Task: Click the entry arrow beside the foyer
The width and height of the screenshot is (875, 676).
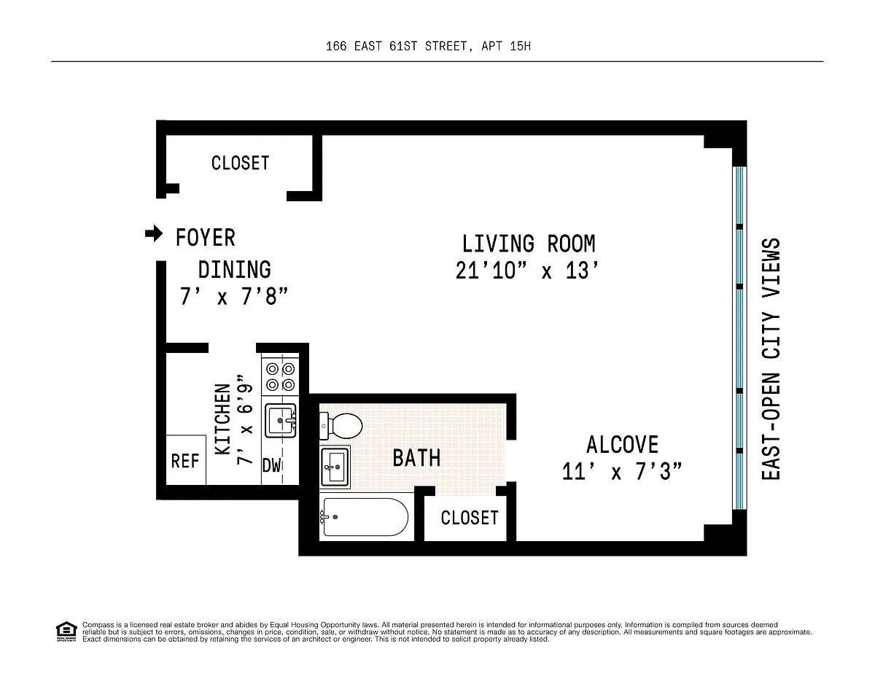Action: click(154, 233)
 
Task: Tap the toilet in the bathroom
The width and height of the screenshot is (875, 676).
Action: click(341, 426)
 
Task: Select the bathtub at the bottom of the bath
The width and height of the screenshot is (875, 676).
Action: click(365, 517)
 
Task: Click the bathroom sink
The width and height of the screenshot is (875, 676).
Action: click(335, 467)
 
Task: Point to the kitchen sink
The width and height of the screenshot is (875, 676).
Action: click(281, 420)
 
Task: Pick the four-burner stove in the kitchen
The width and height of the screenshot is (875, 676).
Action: click(280, 377)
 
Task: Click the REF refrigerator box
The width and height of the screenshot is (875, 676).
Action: click(186, 460)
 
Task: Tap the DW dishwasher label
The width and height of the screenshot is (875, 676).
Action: click(271, 465)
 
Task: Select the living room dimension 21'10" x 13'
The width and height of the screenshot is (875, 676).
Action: click(526, 271)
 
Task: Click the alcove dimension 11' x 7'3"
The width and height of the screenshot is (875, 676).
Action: click(621, 472)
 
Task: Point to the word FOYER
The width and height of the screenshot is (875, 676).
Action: click(206, 238)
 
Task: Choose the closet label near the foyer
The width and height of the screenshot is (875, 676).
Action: click(241, 163)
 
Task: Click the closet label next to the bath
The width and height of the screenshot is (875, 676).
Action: click(470, 518)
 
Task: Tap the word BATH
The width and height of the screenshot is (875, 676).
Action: click(416, 458)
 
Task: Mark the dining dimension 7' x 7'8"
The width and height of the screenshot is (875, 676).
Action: click(233, 297)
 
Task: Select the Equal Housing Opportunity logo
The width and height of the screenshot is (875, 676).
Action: click(66, 632)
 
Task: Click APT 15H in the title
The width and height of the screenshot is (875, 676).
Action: click(506, 46)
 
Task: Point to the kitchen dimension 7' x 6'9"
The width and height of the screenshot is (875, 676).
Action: click(244, 420)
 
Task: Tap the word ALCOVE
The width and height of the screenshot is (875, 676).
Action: click(622, 445)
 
